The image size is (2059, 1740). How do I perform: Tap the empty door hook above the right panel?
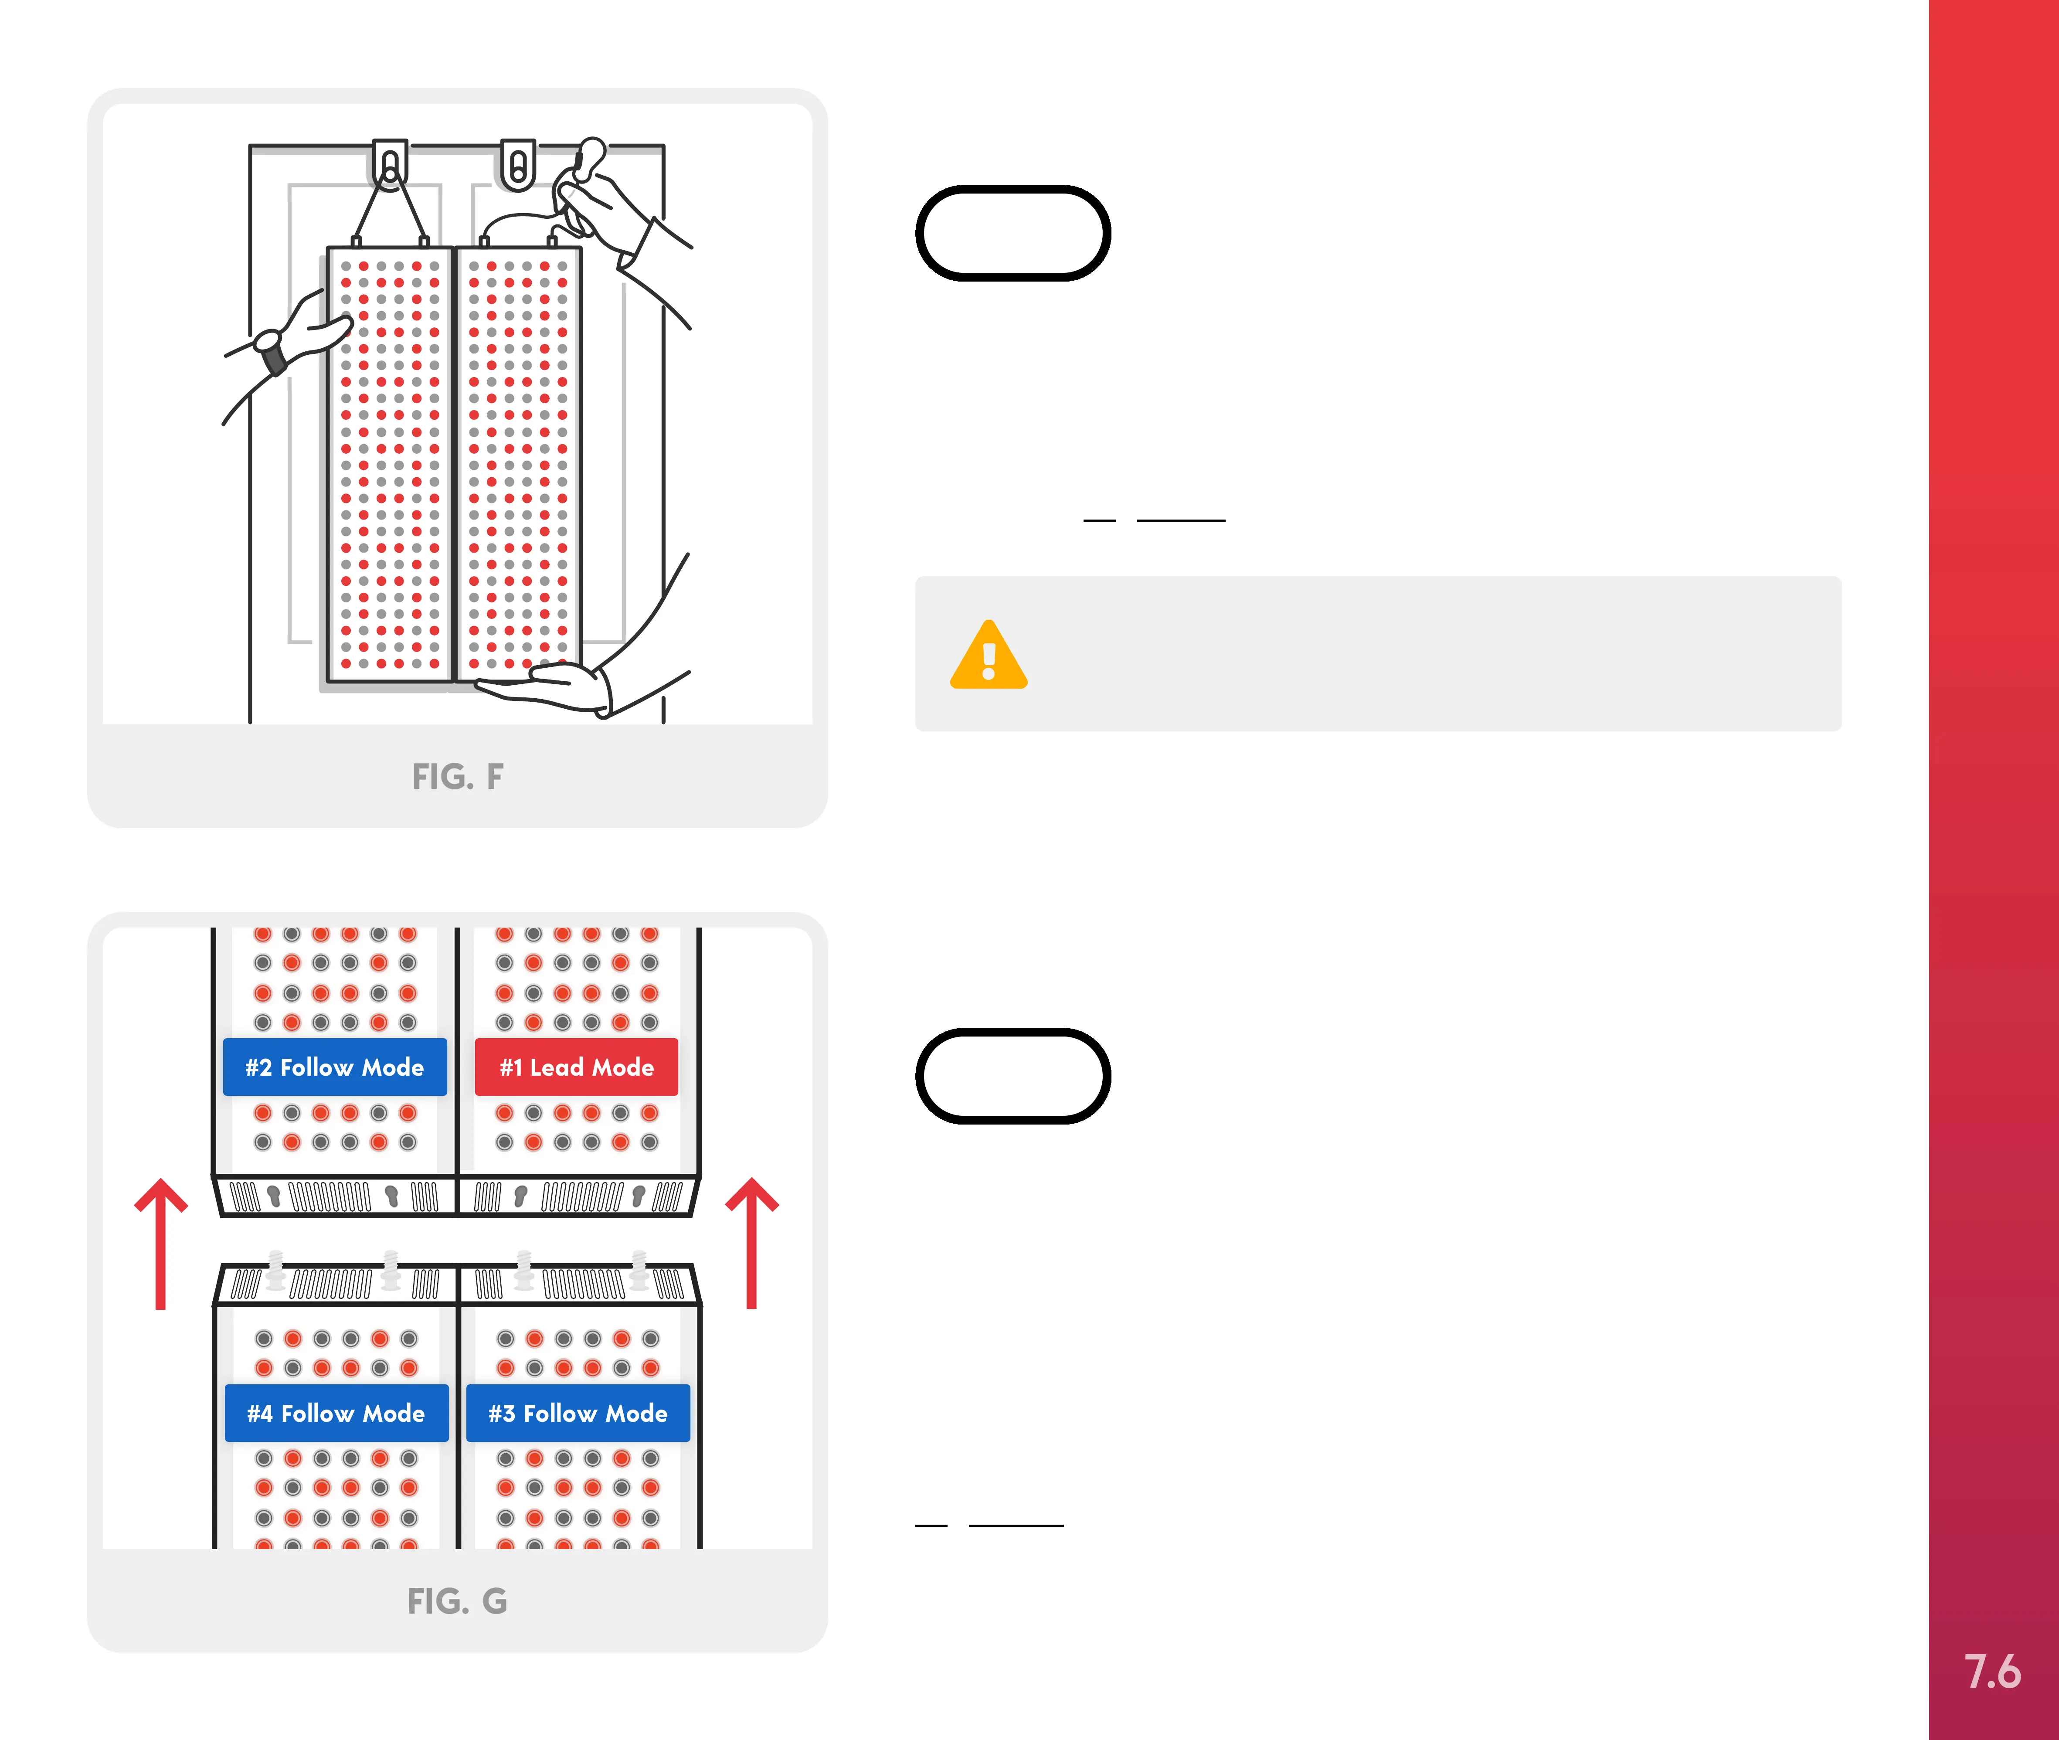tap(518, 164)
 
